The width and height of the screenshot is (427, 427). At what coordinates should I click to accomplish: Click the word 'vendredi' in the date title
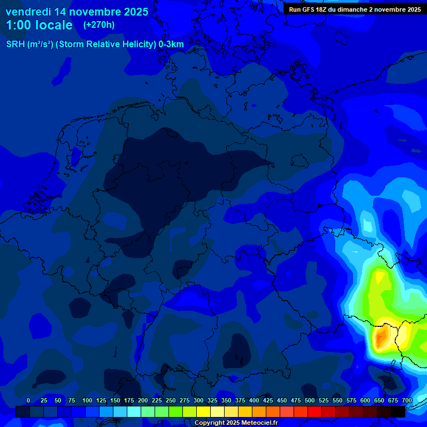click(28, 12)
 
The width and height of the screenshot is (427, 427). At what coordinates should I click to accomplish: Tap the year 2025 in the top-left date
click(134, 12)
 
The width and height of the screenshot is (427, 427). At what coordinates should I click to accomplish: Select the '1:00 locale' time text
click(39, 25)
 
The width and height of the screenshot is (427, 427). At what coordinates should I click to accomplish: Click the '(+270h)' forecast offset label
click(99, 25)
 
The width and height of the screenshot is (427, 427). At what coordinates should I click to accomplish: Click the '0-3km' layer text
click(171, 44)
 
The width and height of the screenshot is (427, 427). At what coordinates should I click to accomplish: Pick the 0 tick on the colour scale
click(28, 401)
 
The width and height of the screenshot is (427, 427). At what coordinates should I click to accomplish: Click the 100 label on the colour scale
click(87, 401)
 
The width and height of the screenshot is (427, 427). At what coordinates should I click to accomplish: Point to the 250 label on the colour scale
click(171, 401)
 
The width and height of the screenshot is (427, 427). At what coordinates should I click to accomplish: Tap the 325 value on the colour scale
click(212, 401)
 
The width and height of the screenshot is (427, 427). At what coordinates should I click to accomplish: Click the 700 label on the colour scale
click(407, 401)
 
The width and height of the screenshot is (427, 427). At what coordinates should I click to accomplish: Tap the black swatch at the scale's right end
click(398, 412)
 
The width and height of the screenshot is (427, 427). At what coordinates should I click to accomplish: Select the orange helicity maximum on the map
click(381, 337)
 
